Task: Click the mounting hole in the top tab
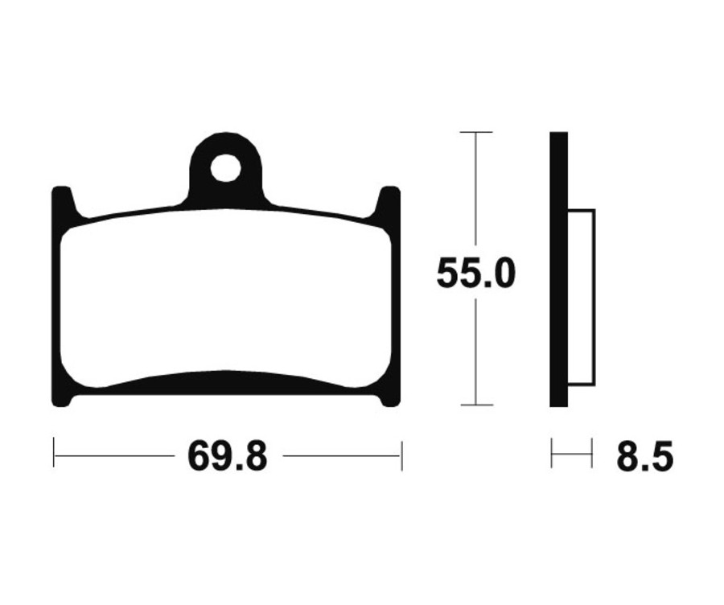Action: click(226, 168)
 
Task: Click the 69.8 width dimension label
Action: click(228, 457)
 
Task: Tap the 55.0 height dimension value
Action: click(475, 274)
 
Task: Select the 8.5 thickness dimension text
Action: click(644, 457)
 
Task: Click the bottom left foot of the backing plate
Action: click(63, 399)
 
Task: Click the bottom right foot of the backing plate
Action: click(389, 399)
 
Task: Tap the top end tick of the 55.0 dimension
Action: click(475, 132)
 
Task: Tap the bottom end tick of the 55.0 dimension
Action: click(475, 405)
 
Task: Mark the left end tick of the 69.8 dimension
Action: click(54, 455)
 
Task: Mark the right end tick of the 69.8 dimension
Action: click(401, 455)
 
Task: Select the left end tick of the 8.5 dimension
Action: click(552, 454)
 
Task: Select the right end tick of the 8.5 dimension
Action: click(592, 454)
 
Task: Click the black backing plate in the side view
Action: click(559, 270)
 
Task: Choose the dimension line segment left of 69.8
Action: click(113, 455)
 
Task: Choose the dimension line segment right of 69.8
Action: click(342, 455)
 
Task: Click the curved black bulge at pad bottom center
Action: click(227, 383)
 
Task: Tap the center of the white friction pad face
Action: click(226, 298)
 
